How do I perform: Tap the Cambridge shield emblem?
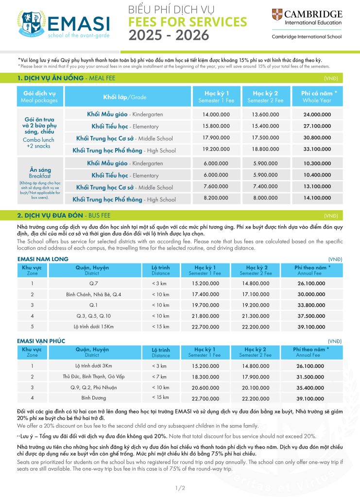pyautogui.click(x=277, y=15)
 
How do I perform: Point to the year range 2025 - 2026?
pyautogui.click(x=169, y=35)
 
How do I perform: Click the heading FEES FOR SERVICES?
pyautogui.click(x=187, y=22)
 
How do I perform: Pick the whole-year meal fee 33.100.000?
pyautogui.click(x=317, y=150)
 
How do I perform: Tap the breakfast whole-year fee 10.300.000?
pyautogui.click(x=317, y=164)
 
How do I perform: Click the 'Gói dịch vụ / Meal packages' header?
pyautogui.click(x=40, y=97)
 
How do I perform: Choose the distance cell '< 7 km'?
pyautogui.click(x=160, y=377)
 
